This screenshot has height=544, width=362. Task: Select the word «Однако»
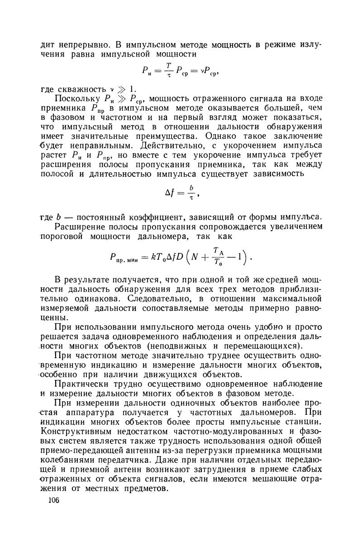tap(224, 136)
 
